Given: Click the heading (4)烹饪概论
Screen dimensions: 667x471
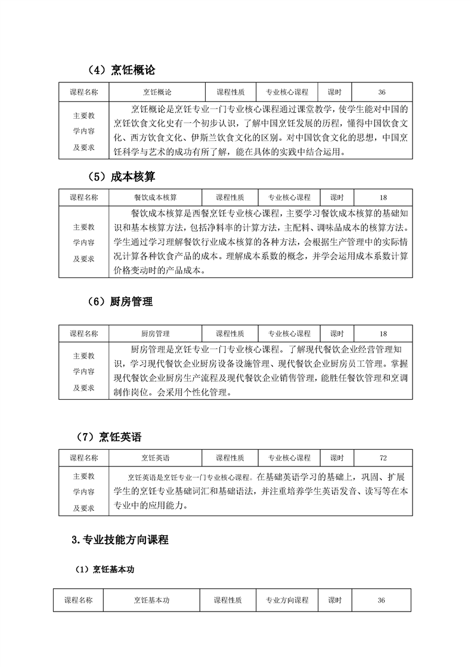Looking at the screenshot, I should [117, 70].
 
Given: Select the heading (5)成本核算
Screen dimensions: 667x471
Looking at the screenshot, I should [117, 176].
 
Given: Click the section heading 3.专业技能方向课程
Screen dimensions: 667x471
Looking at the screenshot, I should [119, 540].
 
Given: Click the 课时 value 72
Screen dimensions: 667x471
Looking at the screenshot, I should [383, 458].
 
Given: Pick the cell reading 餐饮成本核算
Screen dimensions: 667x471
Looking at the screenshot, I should [156, 197].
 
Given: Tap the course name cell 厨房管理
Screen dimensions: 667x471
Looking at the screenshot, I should [156, 333].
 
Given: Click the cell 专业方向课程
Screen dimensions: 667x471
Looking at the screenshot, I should [287, 600].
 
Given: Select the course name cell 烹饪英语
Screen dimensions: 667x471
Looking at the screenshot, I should [156, 458].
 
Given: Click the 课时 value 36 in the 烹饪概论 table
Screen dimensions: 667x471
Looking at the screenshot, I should [382, 92].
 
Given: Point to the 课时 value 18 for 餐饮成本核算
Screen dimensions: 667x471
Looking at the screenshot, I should [383, 197].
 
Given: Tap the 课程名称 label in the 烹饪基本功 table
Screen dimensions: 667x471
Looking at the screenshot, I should [79, 600].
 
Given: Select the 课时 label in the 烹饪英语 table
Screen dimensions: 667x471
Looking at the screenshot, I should [337, 458].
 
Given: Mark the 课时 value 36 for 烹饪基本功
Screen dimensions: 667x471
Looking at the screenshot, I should [382, 600].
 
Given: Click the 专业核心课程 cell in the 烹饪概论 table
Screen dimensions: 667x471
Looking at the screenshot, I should [287, 92].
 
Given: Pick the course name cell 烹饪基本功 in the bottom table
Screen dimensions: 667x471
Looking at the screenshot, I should [151, 600].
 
